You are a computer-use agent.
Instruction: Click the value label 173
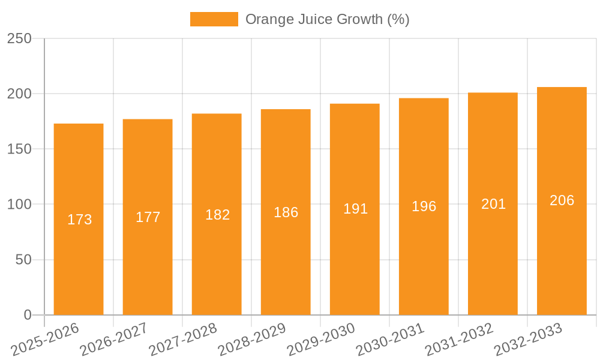[80, 220]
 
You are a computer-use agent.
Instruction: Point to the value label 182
[218, 215]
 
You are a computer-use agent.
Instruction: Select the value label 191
[356, 209]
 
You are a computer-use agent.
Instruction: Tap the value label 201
[494, 204]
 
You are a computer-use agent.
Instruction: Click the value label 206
[562, 200]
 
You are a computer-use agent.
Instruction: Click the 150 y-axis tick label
[19, 149]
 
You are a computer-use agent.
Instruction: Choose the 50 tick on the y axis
[24, 260]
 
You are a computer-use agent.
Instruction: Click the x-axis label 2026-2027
[113, 340]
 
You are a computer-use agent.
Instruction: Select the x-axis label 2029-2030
[320, 340]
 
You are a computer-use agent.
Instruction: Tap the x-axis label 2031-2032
[458, 340]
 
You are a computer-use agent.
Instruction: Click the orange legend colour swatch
[214, 19]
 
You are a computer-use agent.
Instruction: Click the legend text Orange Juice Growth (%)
[328, 19]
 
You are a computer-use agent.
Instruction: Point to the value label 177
[148, 217]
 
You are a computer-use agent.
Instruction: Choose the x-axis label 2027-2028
[182, 340]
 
